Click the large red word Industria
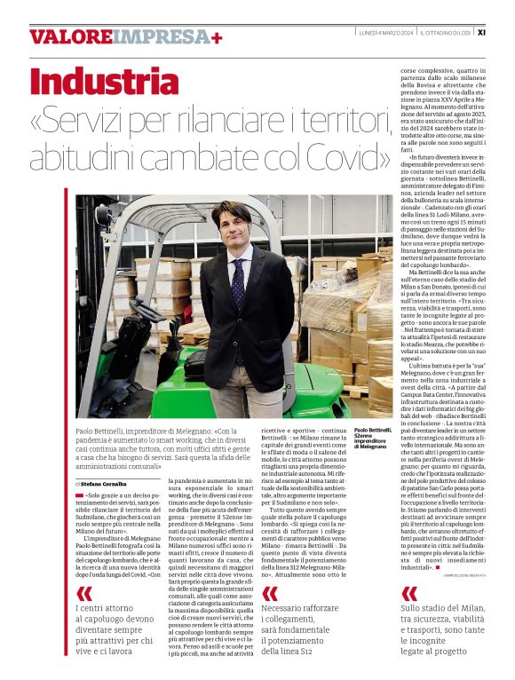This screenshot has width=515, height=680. point(91,81)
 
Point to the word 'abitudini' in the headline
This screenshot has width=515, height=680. point(83,156)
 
